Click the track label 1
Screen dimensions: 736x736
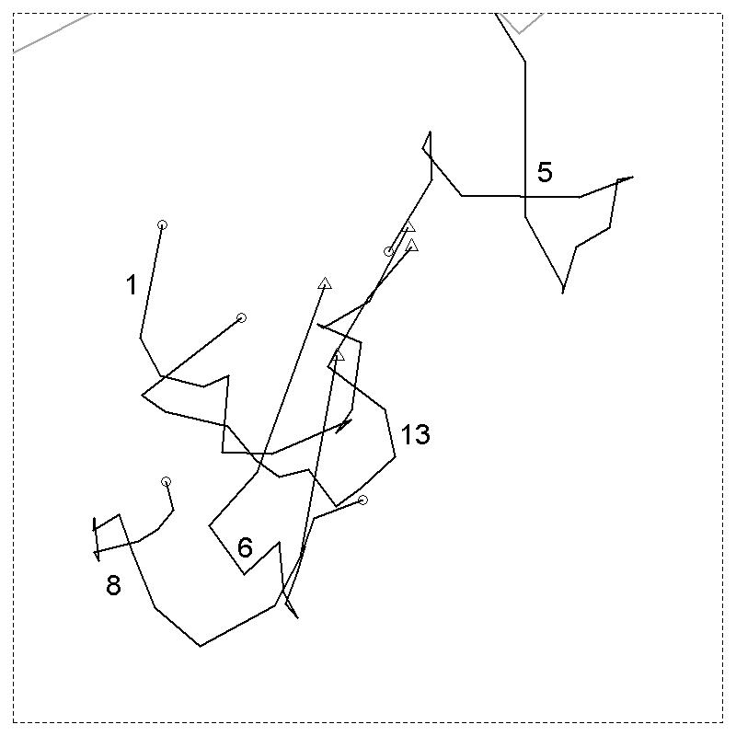click(132, 285)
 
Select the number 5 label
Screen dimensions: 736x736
click(545, 172)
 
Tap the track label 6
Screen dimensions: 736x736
click(245, 547)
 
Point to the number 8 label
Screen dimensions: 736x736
click(113, 585)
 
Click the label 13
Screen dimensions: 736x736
click(416, 434)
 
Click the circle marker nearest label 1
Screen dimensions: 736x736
click(162, 224)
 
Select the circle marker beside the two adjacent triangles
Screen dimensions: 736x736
click(388, 251)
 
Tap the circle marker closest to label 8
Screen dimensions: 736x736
click(166, 481)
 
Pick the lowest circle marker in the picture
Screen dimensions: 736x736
click(362, 500)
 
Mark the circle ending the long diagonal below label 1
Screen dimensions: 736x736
click(241, 317)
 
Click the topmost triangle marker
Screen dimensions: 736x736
click(409, 226)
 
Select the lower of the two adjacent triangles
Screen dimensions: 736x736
click(411, 245)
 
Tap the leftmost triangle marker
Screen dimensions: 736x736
click(325, 283)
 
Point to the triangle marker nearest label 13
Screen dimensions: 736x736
click(338, 355)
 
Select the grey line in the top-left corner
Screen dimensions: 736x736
click(52, 33)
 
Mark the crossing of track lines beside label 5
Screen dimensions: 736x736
click(525, 196)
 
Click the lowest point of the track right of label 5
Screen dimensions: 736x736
click(563, 293)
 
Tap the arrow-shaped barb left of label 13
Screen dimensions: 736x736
click(344, 426)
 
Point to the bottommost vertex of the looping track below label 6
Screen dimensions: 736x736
click(201, 646)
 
